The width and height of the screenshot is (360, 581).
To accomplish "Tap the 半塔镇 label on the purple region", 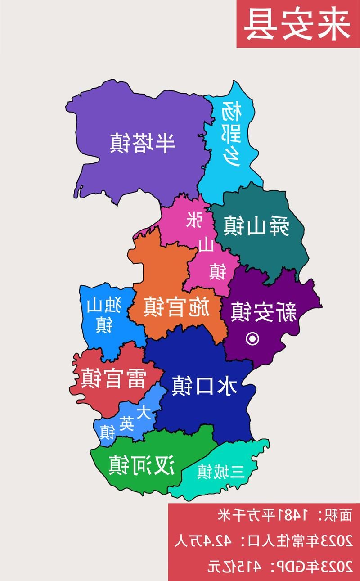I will pyautogui.click(x=142, y=143).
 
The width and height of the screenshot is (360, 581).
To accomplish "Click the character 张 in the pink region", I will pyautogui.click(x=194, y=220).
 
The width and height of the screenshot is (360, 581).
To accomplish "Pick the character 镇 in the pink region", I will pyautogui.click(x=217, y=271).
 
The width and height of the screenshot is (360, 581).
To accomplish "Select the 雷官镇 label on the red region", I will pyautogui.click(x=113, y=378).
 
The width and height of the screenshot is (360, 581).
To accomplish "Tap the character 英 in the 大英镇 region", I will pyautogui.click(x=126, y=423).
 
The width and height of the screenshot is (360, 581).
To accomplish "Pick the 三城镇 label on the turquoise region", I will pyautogui.click(x=220, y=472).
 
